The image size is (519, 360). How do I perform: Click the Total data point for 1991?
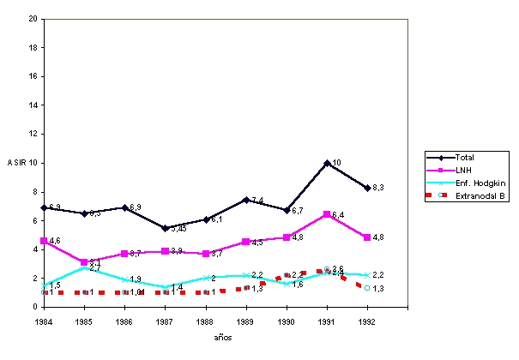[327, 163]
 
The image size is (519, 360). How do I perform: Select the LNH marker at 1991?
[327, 214]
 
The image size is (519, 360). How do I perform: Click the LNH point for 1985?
[84, 262]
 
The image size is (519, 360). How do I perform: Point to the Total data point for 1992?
[367, 187]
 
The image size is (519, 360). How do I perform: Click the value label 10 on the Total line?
[336, 162]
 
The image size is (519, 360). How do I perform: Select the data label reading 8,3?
[377, 187]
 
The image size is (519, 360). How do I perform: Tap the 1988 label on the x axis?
[205, 320]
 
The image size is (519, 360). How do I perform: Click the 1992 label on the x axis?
[367, 320]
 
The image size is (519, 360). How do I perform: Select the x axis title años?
[222, 337]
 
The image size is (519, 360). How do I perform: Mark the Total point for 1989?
[245, 200]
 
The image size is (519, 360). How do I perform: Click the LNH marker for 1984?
[44, 241]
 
